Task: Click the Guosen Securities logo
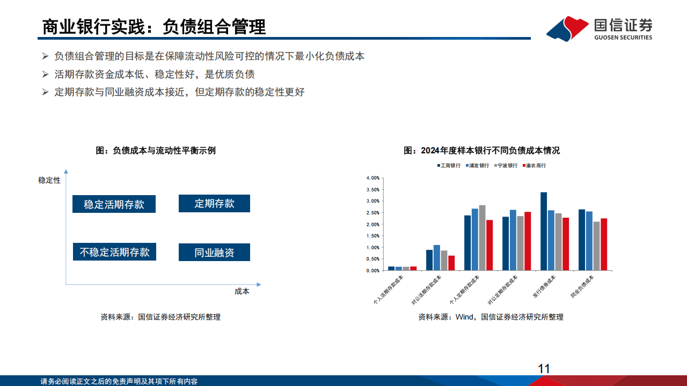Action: [600, 28]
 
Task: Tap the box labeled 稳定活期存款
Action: [114, 204]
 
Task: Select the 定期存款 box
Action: [214, 203]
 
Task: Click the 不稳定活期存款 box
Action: [114, 252]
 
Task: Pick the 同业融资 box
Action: [214, 253]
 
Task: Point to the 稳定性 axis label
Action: [49, 180]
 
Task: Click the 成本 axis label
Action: [242, 291]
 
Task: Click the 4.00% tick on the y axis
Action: [372, 178]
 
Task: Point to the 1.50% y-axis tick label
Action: [372, 236]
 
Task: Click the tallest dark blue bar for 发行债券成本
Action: [544, 231]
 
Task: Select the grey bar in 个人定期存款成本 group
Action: [482, 237]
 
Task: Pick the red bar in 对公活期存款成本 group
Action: [451, 263]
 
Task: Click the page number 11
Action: [544, 368]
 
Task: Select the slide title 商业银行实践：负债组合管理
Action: [154, 27]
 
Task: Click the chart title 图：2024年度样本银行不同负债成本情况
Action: [481, 151]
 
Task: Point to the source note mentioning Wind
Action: [491, 317]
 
